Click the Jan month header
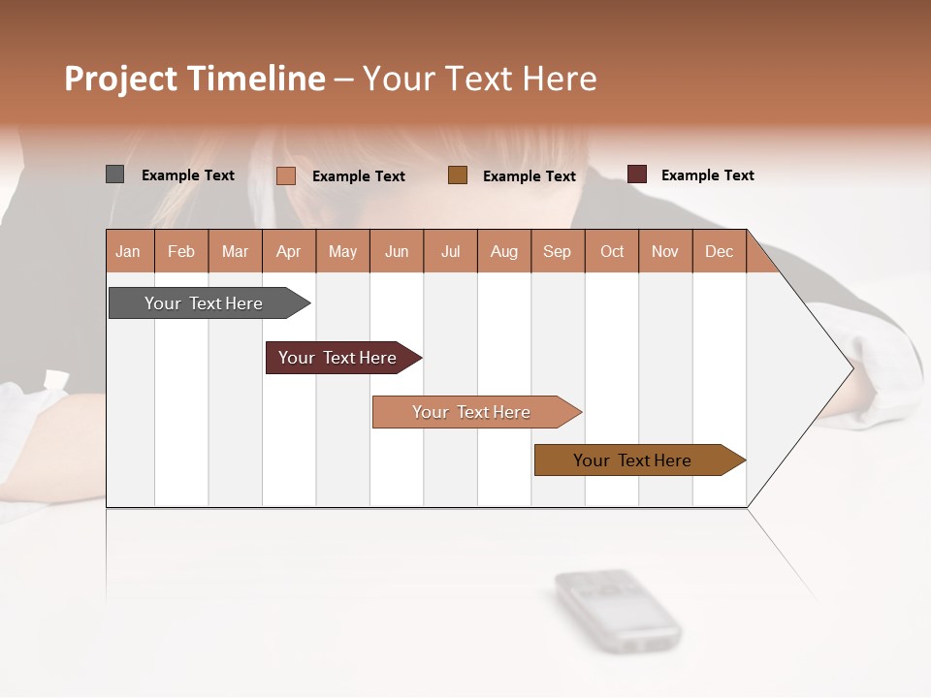129,251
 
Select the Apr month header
289,251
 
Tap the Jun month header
397,251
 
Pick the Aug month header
504,251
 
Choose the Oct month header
612,251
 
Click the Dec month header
720,251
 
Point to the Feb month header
181,251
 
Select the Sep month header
558,251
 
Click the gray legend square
115,174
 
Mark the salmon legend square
286,175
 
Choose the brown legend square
458,175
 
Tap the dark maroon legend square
637,174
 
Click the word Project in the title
121,79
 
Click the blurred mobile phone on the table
617,609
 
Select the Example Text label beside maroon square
707,175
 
